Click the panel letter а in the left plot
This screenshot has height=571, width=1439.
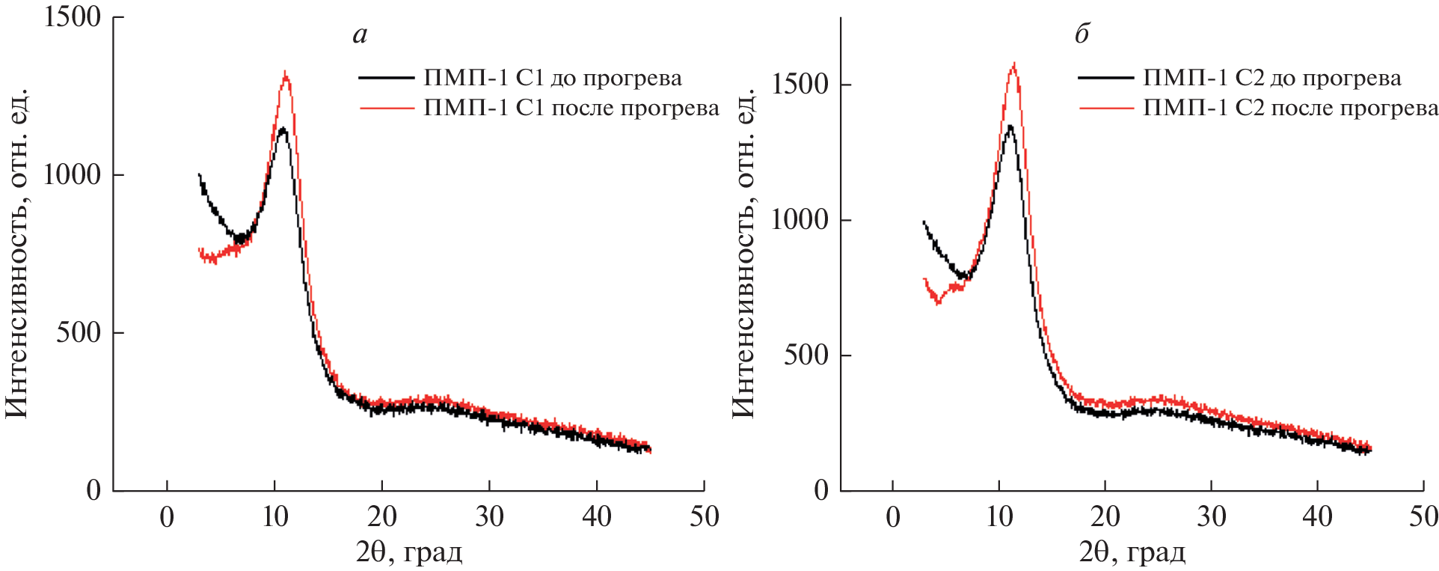click(360, 35)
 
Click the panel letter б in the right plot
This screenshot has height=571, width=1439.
click(1081, 34)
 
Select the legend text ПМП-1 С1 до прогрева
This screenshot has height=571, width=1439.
click(553, 78)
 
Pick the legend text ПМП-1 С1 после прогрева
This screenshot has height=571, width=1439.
click(571, 108)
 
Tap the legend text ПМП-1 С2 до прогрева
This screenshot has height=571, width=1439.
click(1272, 78)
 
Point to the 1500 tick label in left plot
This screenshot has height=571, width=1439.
click(73, 16)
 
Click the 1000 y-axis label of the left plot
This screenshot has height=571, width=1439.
click(73, 174)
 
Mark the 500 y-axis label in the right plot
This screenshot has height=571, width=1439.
click(806, 355)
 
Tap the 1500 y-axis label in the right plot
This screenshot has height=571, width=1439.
click(800, 84)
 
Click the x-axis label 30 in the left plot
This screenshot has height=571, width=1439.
click(489, 516)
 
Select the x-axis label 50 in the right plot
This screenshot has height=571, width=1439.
click(1423, 516)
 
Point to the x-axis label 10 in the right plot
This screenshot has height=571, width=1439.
click(999, 516)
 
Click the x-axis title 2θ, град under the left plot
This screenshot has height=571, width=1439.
click(409, 552)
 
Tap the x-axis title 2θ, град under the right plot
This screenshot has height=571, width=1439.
click(1132, 552)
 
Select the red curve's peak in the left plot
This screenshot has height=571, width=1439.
click(285, 73)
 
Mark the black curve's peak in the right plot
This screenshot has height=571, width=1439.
click(1010, 126)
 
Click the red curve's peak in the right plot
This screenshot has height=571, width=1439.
click(1014, 64)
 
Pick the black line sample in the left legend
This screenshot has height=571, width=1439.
click(386, 78)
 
